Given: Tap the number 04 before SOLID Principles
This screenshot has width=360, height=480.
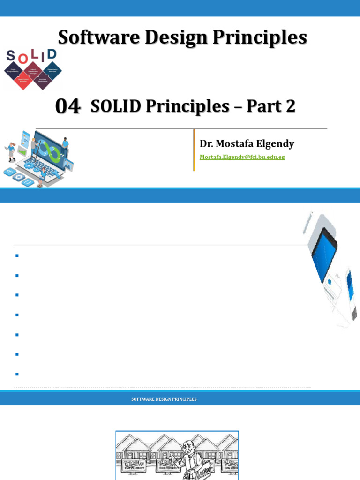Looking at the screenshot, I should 67,107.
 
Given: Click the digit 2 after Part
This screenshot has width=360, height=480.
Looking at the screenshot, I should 291,107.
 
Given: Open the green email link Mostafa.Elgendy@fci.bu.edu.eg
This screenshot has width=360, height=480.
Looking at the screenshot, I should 242,157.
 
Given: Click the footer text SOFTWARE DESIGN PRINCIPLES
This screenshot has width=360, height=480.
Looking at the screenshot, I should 164,399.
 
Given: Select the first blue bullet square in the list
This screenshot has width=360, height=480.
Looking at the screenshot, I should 16,255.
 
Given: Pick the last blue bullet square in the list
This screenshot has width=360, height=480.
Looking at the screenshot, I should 16,374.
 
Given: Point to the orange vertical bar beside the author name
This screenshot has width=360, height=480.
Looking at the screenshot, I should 194,150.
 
